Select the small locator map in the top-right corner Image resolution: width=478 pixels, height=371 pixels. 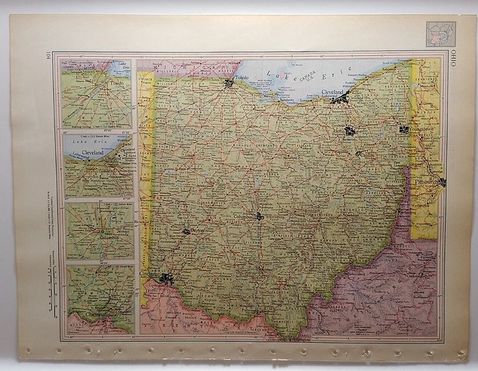coord(440,34)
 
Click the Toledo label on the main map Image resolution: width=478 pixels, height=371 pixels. coord(241,77)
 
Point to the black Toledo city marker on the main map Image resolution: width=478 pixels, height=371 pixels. coord(229,84)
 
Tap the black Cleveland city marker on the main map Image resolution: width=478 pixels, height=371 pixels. coord(341,99)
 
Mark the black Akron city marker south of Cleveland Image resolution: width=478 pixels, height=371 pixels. coord(350,131)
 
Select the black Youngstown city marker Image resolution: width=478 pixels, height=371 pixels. coord(404,129)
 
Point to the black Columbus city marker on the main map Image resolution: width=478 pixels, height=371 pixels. coord(258,216)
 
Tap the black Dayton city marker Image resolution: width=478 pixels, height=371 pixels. coord(186,231)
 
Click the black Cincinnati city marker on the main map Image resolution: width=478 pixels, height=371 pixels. coord(166,278)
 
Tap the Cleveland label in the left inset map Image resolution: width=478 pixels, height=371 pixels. coord(92,152)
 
